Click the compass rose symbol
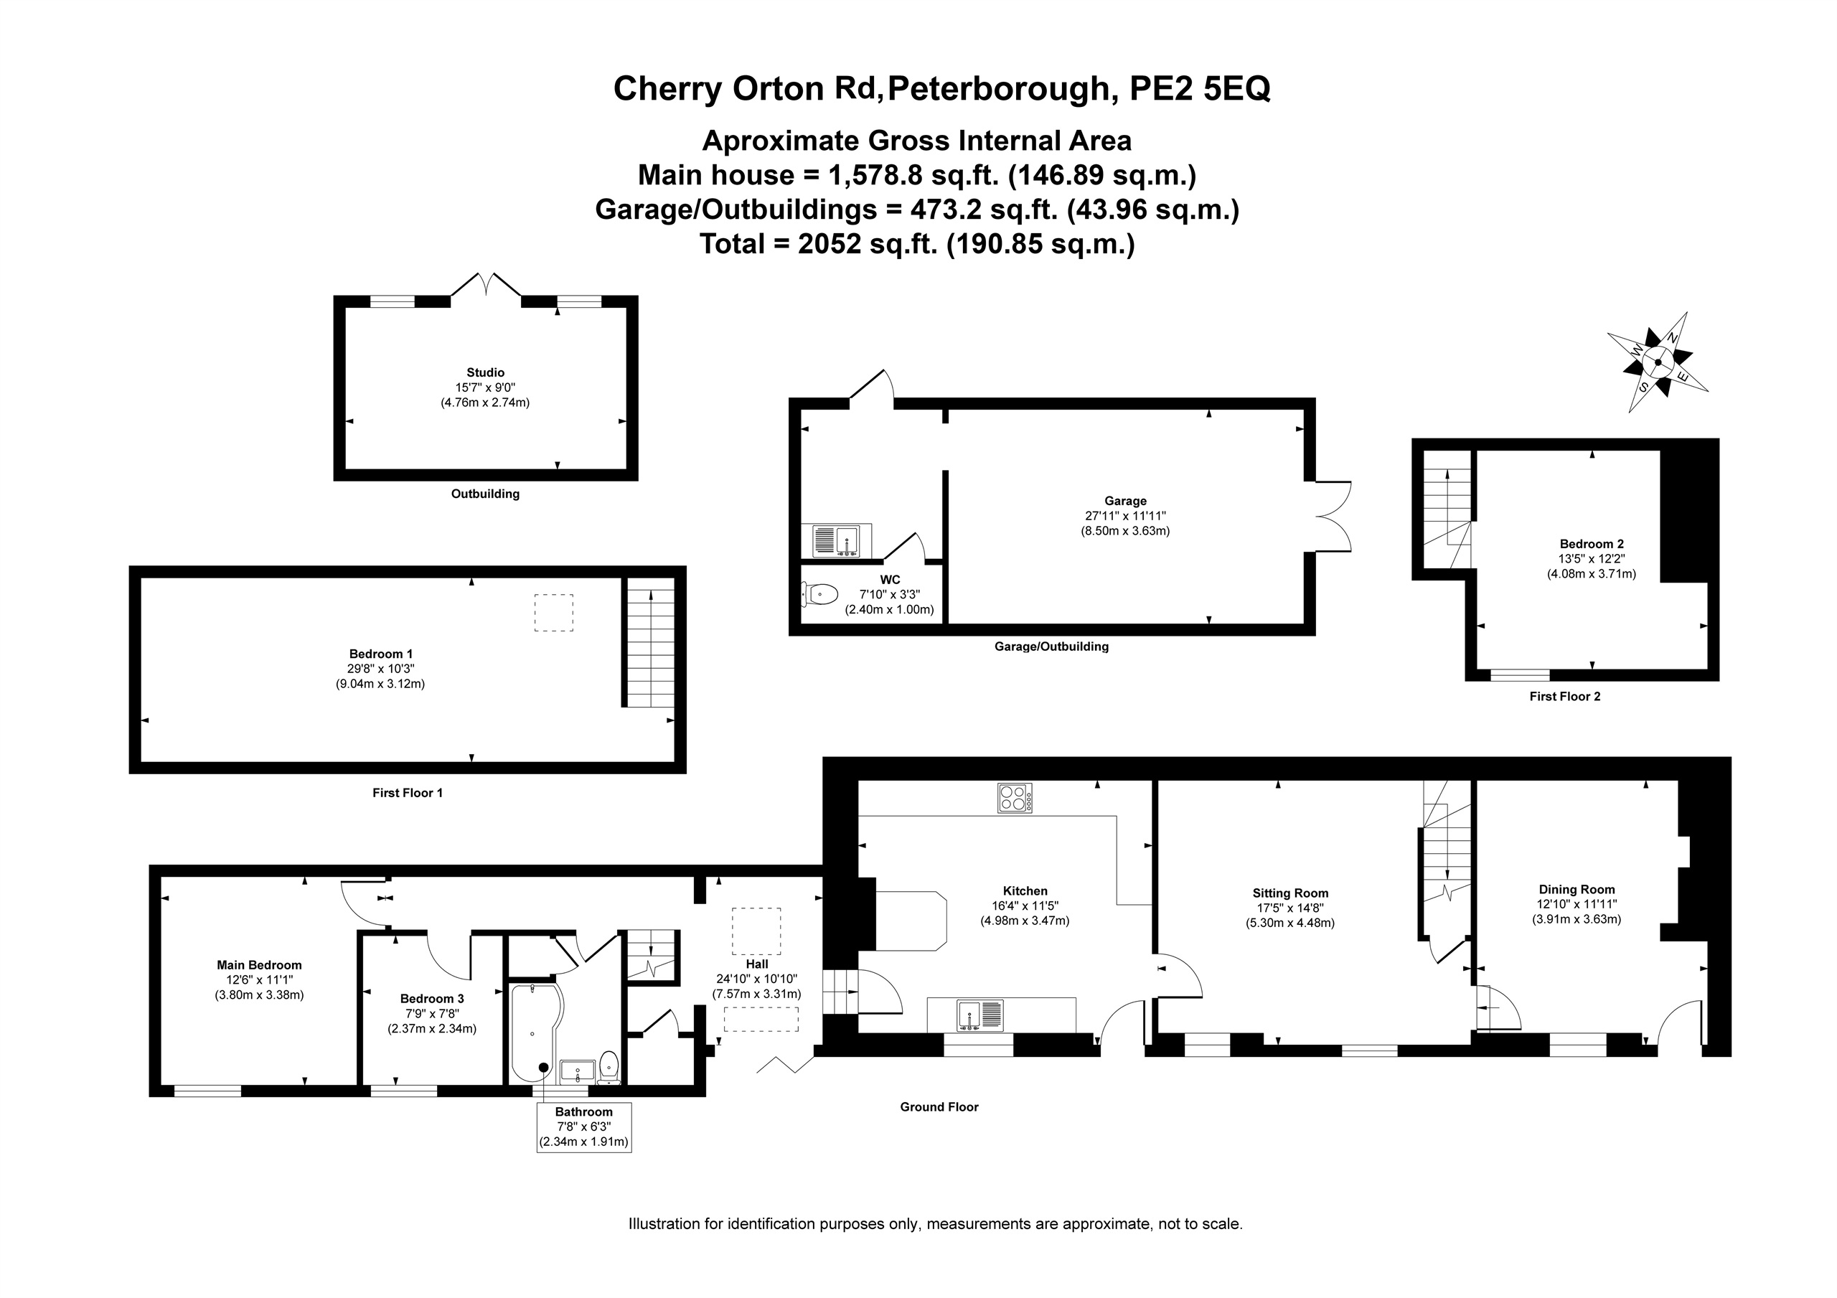pos(1658,362)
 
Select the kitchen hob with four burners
pos(1015,798)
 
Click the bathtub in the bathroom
pos(536,1033)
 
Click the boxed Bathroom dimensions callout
pos(584,1127)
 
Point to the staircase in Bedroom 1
pos(649,643)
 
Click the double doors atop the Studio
pos(486,284)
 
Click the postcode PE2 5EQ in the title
pos(1199,89)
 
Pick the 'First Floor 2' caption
pos(1565,696)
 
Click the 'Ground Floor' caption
pos(939,1106)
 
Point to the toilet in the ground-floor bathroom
pos(609,1068)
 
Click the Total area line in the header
pos(917,243)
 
